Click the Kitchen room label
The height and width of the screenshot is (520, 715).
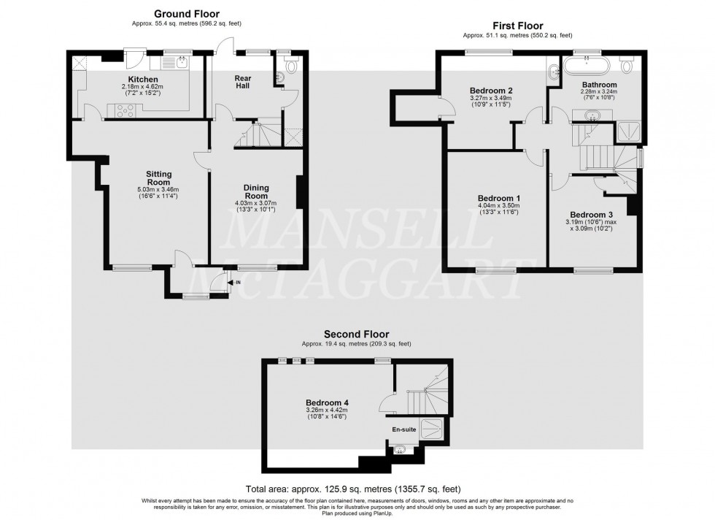(x=143, y=79)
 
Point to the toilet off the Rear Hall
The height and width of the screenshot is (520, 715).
(x=291, y=67)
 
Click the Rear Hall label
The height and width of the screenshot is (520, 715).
(x=242, y=83)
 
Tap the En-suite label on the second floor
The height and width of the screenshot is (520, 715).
(x=404, y=429)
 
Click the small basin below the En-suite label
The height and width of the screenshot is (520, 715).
(x=399, y=451)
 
